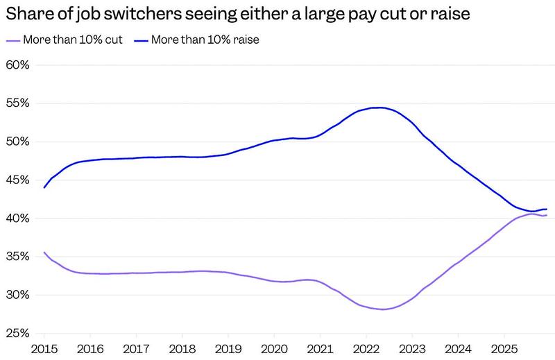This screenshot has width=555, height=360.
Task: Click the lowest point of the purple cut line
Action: (x=382, y=309)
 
